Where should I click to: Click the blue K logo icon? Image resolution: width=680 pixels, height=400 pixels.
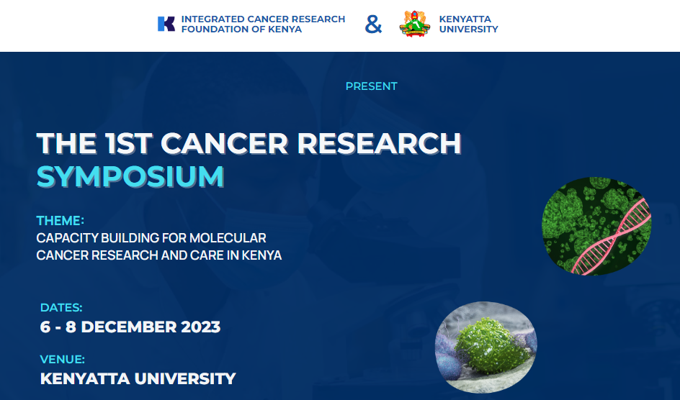pyautogui.click(x=166, y=24)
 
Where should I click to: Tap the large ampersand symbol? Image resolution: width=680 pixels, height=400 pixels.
pyautogui.click(x=373, y=24)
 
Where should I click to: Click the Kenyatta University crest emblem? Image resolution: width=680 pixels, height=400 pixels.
pyautogui.click(x=415, y=24)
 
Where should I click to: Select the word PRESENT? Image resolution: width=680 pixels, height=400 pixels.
pyautogui.click(x=371, y=86)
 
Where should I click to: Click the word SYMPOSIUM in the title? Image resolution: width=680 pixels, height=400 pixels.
pyautogui.click(x=130, y=176)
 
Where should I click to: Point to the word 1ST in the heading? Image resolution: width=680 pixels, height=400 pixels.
pyautogui.click(x=129, y=143)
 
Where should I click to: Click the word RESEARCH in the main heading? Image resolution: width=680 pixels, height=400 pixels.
pyautogui.click(x=379, y=143)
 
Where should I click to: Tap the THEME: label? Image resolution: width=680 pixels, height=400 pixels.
pyautogui.click(x=61, y=220)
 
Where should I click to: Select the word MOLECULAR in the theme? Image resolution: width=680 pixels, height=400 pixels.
pyautogui.click(x=228, y=237)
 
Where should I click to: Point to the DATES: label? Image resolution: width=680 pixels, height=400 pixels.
pyautogui.click(x=61, y=307)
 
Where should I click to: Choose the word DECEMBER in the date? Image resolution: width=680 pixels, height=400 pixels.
pyautogui.click(x=129, y=327)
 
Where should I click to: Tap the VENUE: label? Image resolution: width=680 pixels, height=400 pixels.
pyautogui.click(x=63, y=359)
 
